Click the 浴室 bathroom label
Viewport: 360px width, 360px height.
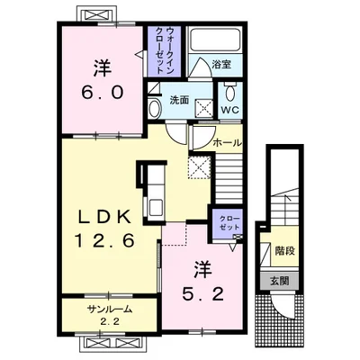[221, 65]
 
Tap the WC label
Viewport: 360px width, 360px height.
[230, 110]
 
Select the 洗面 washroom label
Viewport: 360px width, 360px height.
[179, 100]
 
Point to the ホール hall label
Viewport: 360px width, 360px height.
[227, 143]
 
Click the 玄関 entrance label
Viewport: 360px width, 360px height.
[280, 281]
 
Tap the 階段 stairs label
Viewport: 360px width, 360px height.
[284, 251]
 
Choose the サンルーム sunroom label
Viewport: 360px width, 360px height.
[110, 309]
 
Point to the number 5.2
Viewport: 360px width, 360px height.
[203, 294]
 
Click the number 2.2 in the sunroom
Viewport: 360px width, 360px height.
[110, 322]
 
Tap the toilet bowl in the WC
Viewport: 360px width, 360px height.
[230, 91]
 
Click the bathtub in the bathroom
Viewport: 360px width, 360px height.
[214, 40]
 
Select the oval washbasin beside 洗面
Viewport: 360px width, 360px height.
[155, 109]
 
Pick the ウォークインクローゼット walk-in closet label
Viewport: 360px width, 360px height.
[165, 51]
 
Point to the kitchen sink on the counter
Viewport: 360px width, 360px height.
[157, 207]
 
